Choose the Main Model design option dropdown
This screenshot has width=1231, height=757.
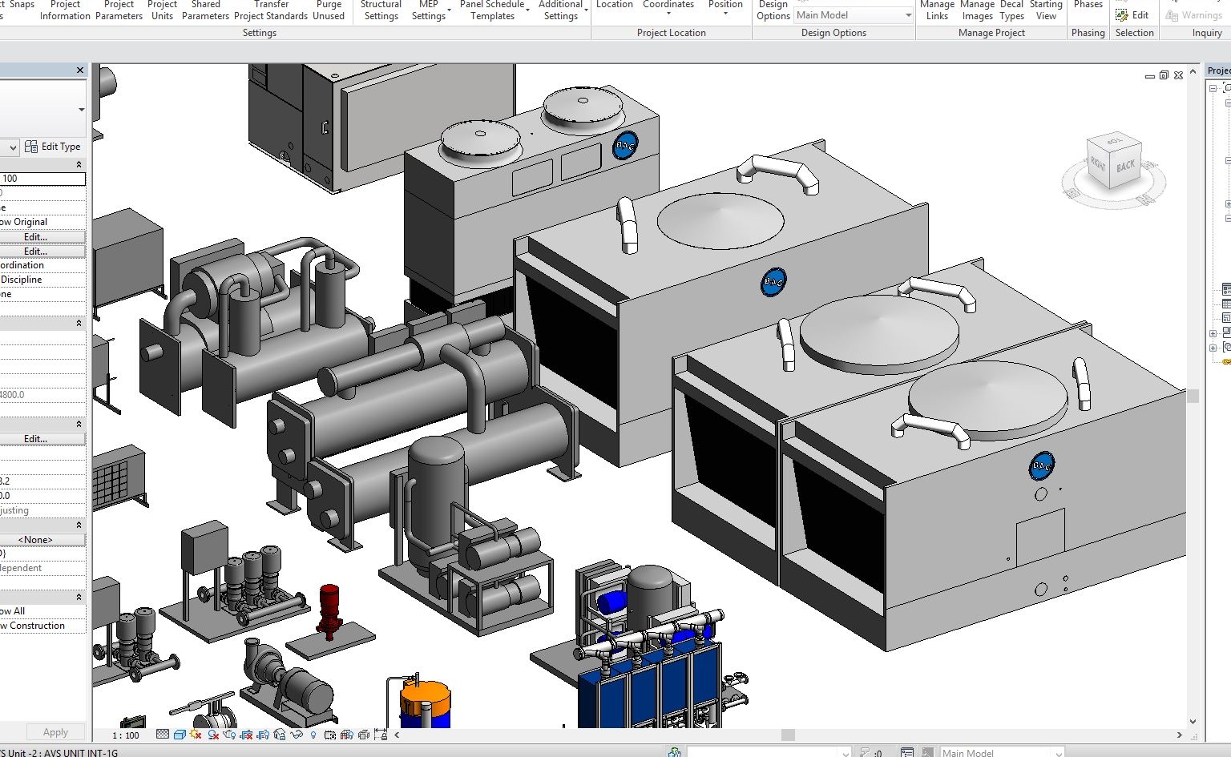point(854,15)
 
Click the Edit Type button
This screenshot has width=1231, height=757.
point(53,147)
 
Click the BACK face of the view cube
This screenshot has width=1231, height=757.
point(1125,166)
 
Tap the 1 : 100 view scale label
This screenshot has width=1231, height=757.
point(125,735)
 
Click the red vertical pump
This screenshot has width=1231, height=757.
point(329,609)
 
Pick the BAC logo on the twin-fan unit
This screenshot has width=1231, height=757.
point(625,146)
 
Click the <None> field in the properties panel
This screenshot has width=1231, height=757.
point(35,540)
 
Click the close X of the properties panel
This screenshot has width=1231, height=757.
point(80,70)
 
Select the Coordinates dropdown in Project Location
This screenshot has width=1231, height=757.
point(668,8)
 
